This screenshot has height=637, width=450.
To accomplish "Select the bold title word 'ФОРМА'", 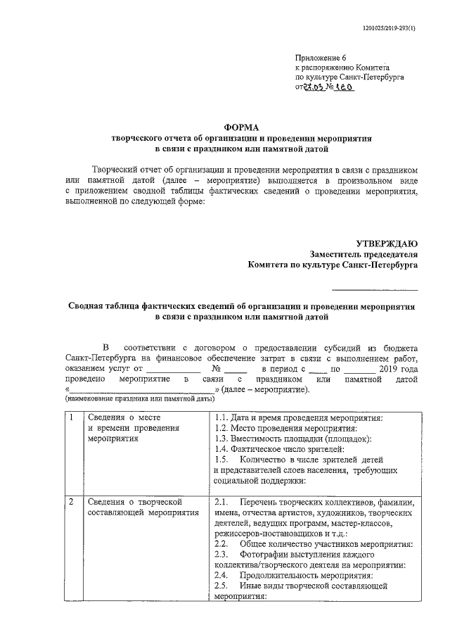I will (x=242, y=127).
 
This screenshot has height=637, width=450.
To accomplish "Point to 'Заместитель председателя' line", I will (x=364, y=254).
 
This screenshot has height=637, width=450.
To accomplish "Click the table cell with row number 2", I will (x=71, y=502).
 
